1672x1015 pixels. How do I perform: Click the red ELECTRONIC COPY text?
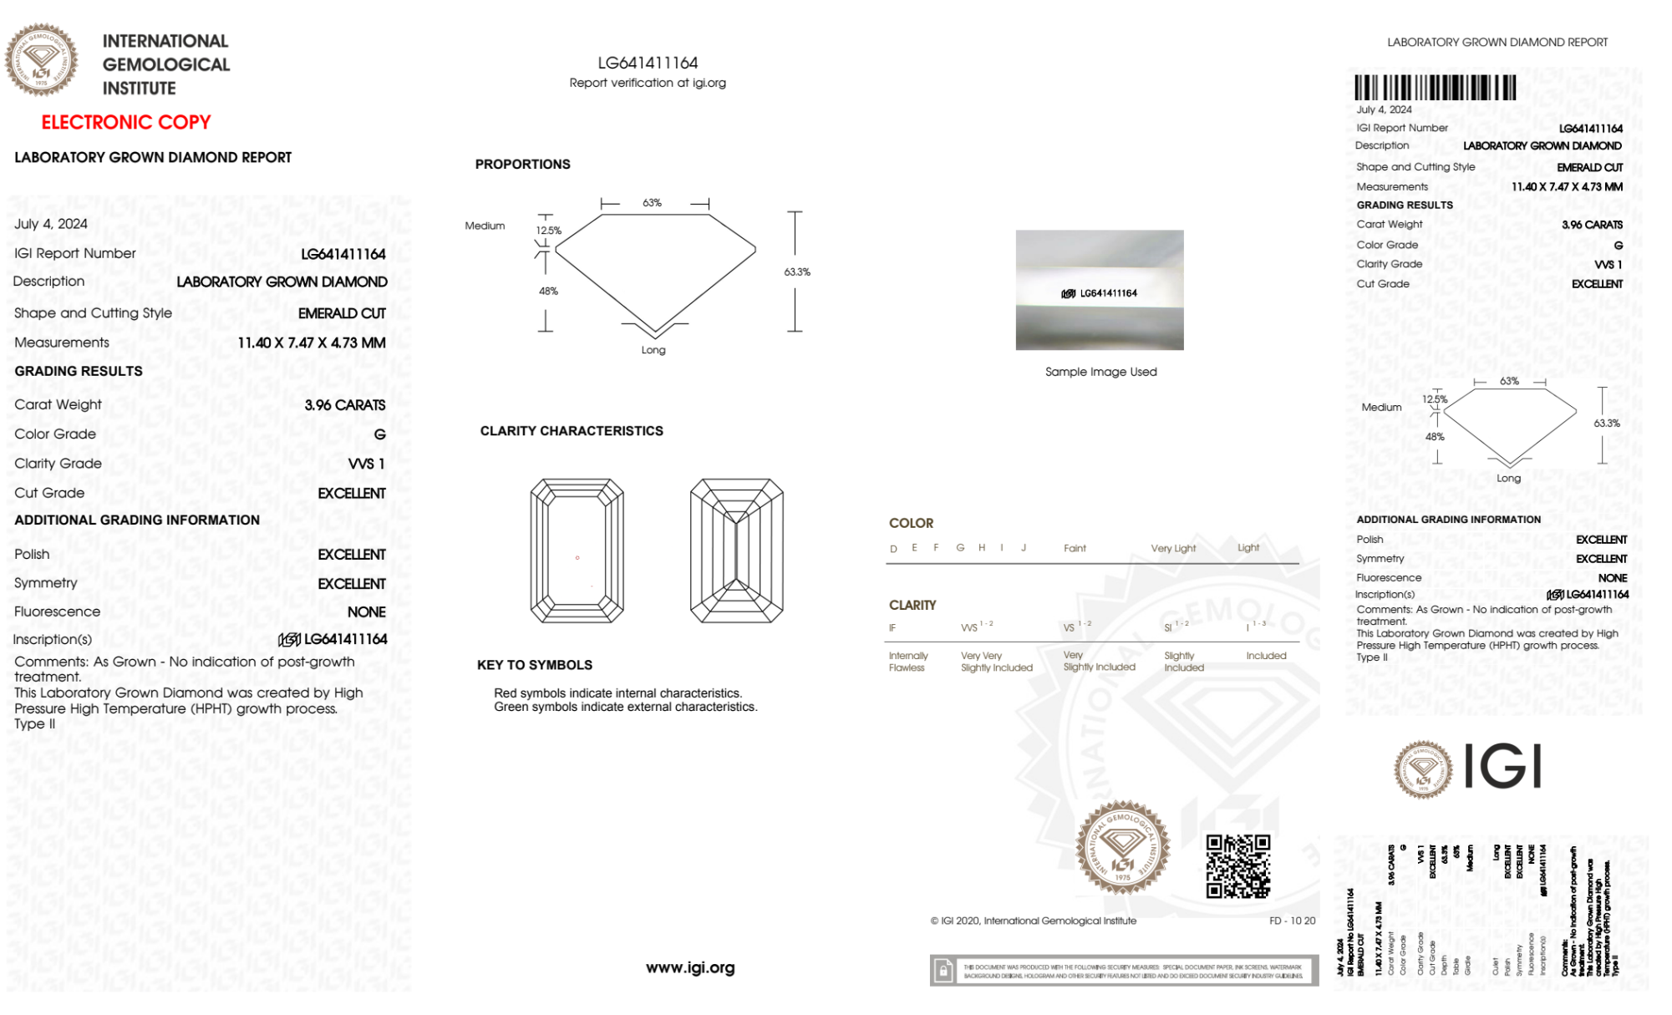125,122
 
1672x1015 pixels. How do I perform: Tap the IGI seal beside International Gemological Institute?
41,59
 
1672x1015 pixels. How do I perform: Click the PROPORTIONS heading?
522,165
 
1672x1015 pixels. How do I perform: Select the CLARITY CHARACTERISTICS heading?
572,431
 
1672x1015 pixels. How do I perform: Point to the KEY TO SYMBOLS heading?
535,665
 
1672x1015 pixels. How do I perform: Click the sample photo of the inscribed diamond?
1099,290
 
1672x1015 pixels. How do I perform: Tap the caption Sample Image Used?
1100,372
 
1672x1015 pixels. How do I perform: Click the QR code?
1237,866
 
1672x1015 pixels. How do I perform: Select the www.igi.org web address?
690,967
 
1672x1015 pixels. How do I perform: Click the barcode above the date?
1435,88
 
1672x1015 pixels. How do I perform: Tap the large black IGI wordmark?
1502,767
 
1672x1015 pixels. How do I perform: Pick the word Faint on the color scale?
1075,548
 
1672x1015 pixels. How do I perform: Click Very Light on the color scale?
1173,548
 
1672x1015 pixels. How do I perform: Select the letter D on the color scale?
893,549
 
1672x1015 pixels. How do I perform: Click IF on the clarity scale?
892,627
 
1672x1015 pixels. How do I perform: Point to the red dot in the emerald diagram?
577,557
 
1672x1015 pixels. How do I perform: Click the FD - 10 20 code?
1292,921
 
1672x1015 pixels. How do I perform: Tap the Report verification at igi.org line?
648,83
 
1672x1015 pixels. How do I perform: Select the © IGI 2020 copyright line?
1034,921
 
